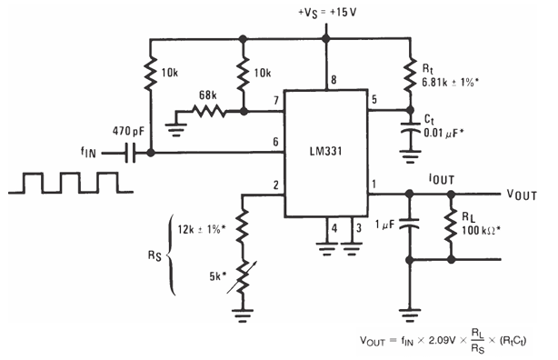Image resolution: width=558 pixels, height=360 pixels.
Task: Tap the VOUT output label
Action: (x=523, y=193)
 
